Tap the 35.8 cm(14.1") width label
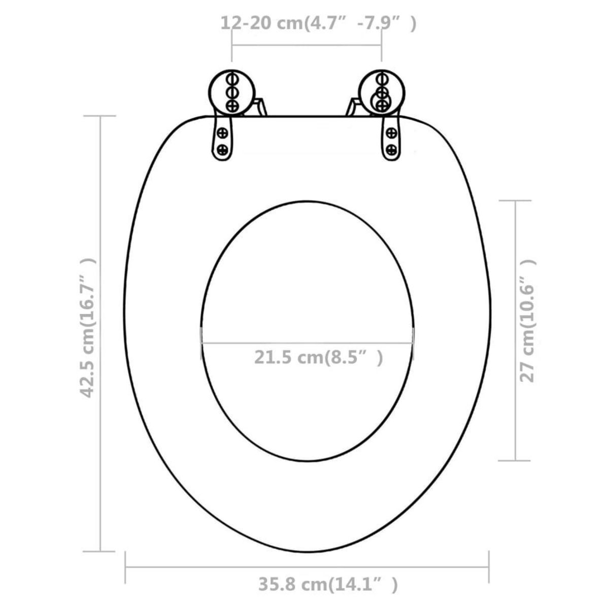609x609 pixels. point(328,585)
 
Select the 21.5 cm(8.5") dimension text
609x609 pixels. point(318,357)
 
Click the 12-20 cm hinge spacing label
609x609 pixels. point(318,24)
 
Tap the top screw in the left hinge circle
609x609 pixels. point(232,80)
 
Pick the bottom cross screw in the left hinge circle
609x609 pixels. point(232,106)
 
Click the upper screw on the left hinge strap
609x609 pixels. point(222,133)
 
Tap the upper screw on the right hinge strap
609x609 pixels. point(391,133)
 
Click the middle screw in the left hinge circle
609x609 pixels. point(232,93)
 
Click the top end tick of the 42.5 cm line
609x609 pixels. point(100,116)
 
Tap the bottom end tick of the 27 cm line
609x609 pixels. point(516,460)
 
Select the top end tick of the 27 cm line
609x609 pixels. point(516,200)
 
